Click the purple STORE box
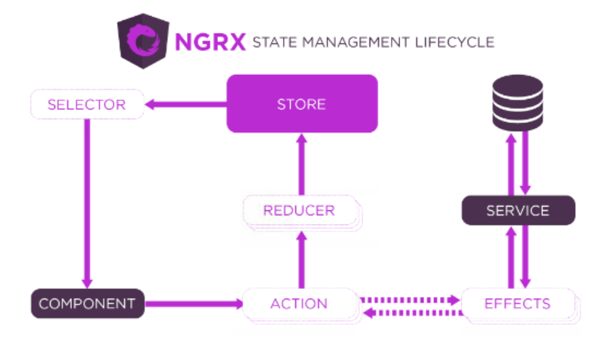tap(302, 104)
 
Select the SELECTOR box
tap(87, 104)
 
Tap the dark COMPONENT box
tap(87, 303)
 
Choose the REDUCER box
tap(299, 211)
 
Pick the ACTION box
tap(299, 303)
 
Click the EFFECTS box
tap(517, 303)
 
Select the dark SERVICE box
tap(518, 211)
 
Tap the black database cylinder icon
tap(518, 102)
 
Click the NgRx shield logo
tap(143, 42)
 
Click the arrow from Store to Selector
tap(186, 105)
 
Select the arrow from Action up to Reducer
tap(300, 258)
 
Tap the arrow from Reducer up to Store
tap(300, 164)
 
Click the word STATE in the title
tap(273, 42)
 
